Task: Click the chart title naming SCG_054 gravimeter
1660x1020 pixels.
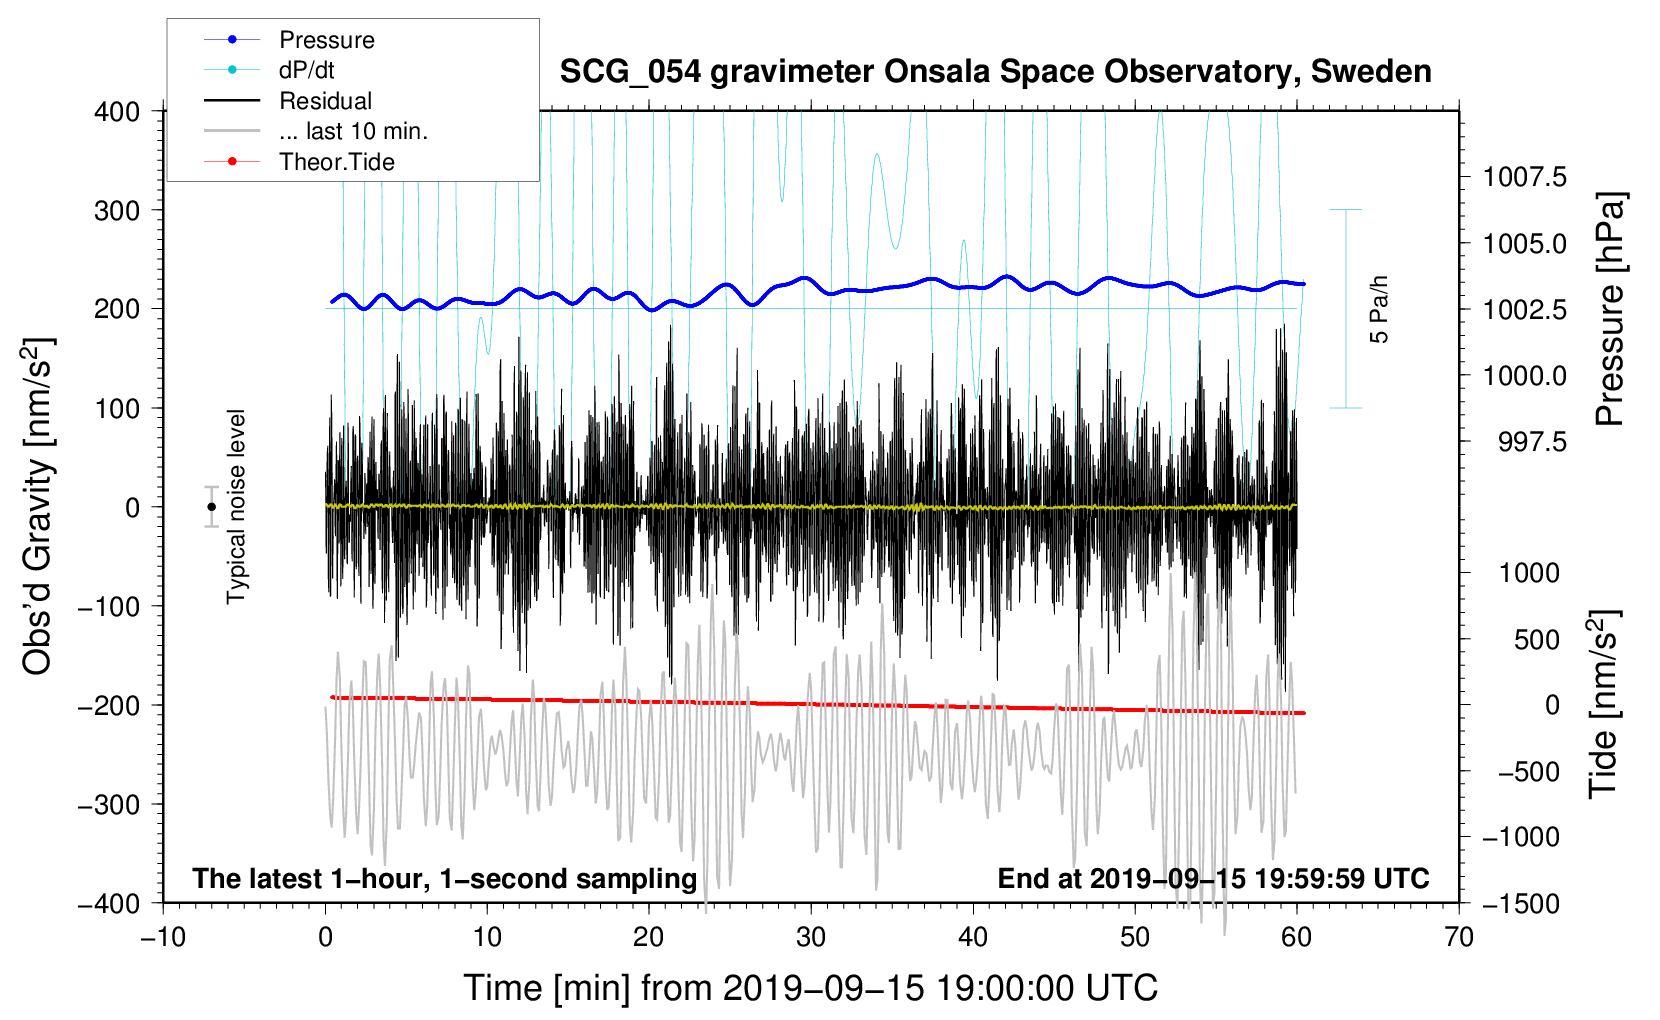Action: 995,72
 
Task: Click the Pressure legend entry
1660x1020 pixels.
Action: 326,40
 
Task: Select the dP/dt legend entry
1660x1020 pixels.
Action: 307,70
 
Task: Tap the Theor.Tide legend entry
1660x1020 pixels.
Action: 336,162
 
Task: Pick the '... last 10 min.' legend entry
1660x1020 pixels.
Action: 353,131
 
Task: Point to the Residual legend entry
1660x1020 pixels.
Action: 325,101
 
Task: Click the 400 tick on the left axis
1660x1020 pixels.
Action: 118,112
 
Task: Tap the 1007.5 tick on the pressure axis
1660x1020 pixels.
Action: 1524,178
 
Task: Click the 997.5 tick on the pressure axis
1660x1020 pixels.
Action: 1532,442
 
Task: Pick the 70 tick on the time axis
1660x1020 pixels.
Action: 1459,937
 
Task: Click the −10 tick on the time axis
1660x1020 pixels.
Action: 163,937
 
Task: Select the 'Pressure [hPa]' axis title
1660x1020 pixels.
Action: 1610,310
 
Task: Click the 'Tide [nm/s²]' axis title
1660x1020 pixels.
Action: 1603,705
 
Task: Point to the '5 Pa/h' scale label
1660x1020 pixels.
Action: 1379,309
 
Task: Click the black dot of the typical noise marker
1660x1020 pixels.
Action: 212,507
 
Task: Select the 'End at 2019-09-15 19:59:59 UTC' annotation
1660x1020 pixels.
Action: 1213,878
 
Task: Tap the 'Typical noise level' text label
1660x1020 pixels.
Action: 236,507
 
